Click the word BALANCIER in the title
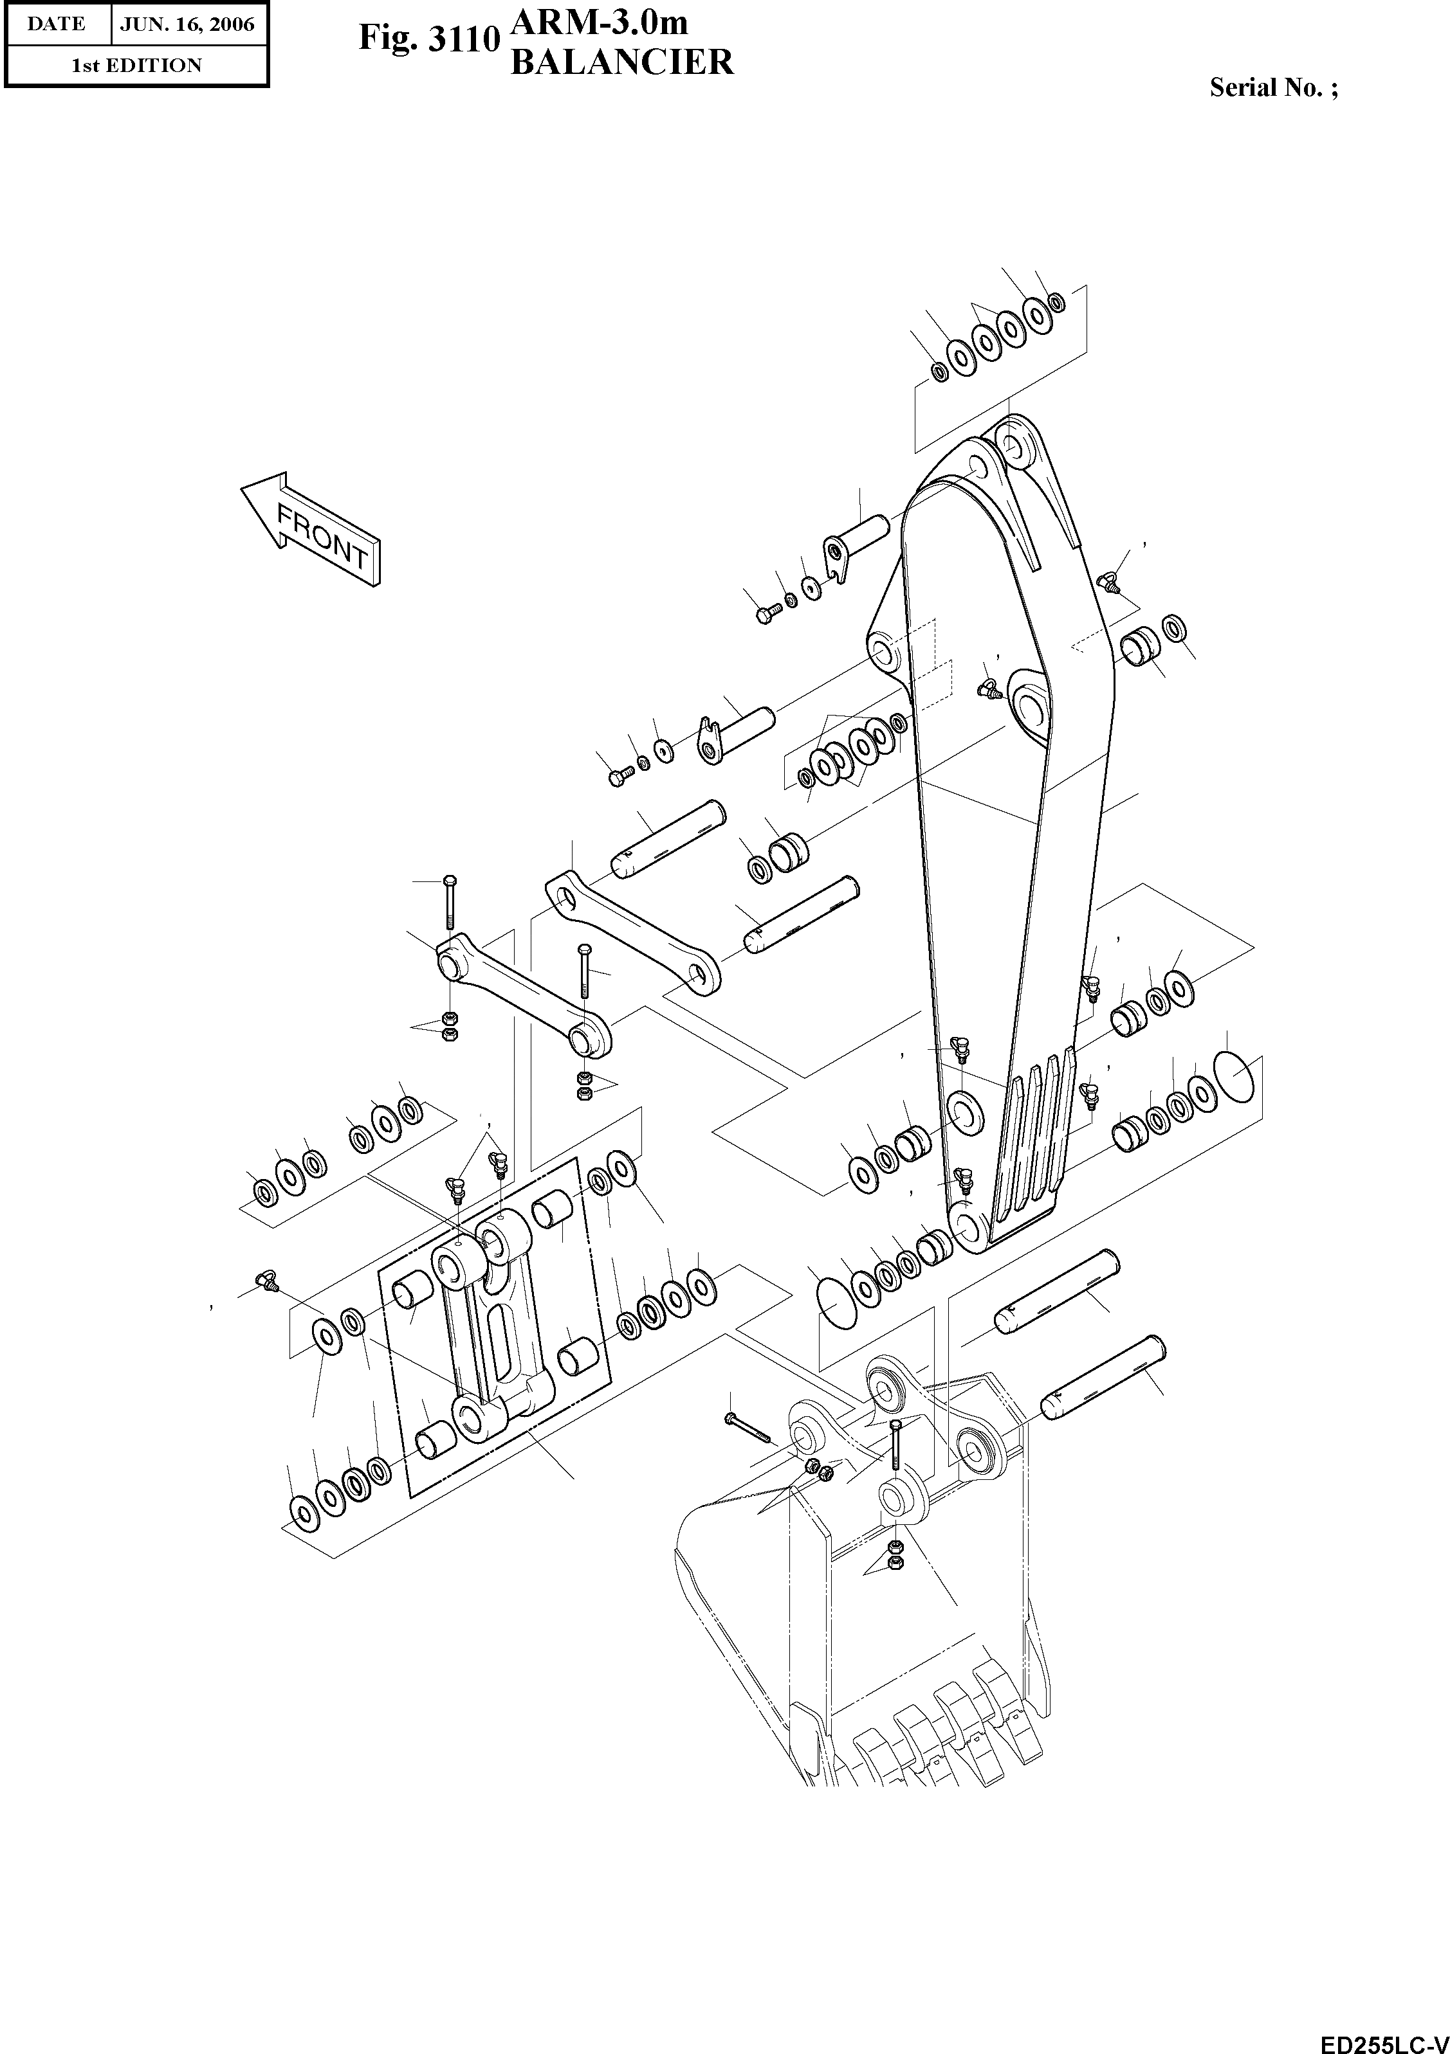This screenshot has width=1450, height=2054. [x=621, y=62]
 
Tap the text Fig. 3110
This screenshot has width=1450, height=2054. [x=428, y=39]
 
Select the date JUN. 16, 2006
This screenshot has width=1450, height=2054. [x=188, y=24]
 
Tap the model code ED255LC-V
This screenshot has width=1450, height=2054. [x=1384, y=2040]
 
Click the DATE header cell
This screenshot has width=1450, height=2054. [x=57, y=24]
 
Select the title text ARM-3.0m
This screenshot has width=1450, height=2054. [x=599, y=20]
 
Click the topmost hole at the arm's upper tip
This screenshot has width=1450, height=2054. [x=1013, y=445]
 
